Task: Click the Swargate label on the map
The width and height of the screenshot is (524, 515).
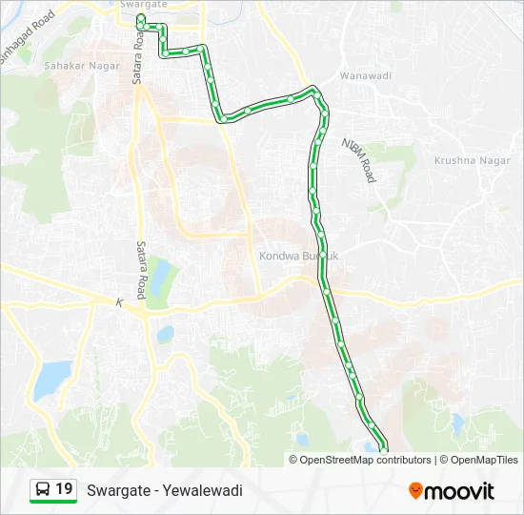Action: click(145, 5)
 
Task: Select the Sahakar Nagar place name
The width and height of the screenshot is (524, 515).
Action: click(83, 66)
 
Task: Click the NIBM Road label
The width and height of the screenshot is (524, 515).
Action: click(360, 159)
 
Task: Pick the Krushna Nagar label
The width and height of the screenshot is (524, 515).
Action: click(468, 161)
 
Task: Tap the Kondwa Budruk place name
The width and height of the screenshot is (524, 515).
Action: click(299, 257)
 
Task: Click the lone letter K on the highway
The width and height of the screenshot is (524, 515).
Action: click(121, 302)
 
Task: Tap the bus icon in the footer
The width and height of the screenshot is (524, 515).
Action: click(44, 490)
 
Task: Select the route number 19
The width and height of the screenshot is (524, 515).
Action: click(65, 490)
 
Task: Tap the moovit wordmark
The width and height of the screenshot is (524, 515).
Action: click(459, 491)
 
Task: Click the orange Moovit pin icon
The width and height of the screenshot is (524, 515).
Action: click(415, 491)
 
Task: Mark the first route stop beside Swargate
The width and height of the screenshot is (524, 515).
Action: click(140, 18)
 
